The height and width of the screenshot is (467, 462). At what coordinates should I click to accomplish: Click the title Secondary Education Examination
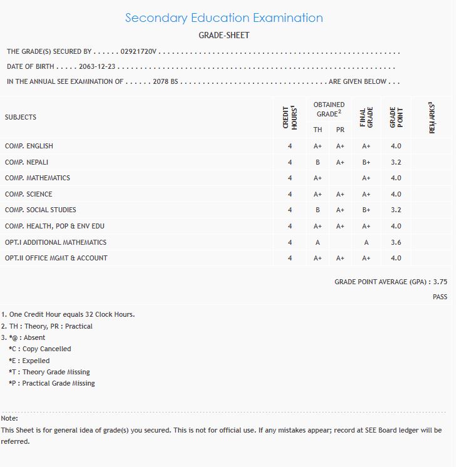224,18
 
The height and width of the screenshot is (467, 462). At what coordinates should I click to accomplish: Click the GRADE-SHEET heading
224,36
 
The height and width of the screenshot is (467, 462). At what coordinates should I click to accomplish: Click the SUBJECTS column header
21,117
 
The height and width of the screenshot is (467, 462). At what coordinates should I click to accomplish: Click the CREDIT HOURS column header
290,117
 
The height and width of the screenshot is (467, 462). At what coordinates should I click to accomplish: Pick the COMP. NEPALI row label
26,162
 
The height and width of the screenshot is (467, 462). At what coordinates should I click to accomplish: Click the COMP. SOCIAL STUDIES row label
41,210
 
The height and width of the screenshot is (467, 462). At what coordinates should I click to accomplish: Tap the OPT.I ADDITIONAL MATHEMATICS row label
56,242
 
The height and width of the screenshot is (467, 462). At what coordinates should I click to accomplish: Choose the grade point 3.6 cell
396,242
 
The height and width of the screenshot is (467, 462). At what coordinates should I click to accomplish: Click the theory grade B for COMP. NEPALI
318,162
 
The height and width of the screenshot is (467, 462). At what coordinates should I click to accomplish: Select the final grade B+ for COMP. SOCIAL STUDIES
366,210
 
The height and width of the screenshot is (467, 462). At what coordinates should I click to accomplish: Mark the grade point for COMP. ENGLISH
396,146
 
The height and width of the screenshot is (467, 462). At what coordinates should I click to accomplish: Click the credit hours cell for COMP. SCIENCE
290,194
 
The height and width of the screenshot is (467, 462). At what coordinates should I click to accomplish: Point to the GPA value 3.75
440,282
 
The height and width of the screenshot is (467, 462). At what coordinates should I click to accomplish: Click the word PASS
439,297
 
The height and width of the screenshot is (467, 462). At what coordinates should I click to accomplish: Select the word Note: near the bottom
10,418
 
